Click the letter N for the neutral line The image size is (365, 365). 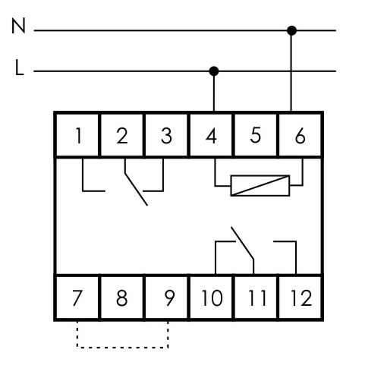18,26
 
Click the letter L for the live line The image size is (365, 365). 19,68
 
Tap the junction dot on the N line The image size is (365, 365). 291,30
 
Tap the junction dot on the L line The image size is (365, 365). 214,71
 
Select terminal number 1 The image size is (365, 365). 79,136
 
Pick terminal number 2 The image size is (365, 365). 122,136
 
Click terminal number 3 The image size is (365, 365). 166,136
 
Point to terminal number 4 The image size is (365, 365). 212,136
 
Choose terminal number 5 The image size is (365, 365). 256,135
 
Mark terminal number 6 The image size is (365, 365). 300,136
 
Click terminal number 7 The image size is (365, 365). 77,297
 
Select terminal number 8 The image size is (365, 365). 122,297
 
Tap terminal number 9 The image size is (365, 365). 169,297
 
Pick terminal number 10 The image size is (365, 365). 212,297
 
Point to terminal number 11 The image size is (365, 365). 258,297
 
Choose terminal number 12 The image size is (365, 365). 301,297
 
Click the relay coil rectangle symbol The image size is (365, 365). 260,186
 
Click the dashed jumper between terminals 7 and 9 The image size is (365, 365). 123,348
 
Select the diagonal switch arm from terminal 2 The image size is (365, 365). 136,189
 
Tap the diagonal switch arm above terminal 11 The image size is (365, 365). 242,243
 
